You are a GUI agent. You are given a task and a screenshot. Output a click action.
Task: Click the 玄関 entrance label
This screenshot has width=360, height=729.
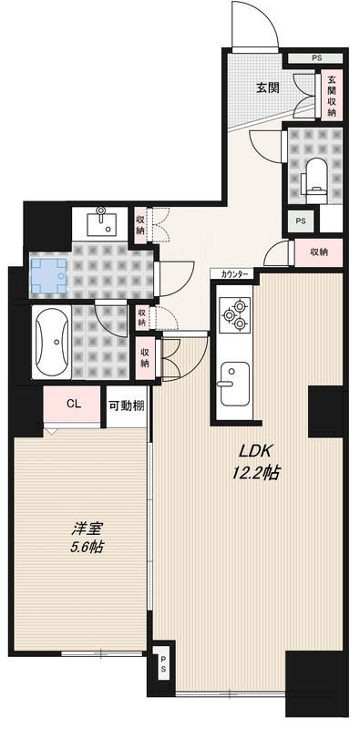coord(267,87)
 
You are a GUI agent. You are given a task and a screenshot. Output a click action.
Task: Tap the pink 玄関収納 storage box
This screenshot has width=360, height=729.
coord(332,96)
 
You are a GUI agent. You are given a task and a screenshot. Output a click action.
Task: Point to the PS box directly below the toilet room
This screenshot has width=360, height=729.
coord(302,221)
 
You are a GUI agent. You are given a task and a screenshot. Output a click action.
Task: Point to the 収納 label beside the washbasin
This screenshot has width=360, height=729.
coord(140,222)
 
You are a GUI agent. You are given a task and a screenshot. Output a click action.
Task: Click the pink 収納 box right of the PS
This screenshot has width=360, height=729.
coord(318,252)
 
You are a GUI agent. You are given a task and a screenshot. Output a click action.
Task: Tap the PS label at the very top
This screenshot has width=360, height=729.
coord(315,58)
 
